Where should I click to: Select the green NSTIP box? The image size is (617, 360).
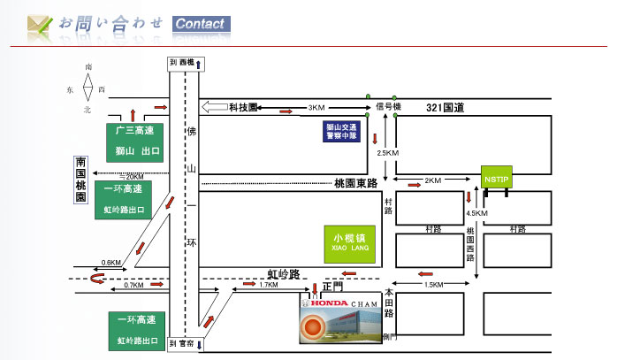[x=494, y=180]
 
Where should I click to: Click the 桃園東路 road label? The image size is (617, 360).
[x=355, y=183]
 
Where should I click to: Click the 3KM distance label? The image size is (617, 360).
[x=316, y=108]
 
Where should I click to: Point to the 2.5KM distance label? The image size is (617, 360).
[x=388, y=153]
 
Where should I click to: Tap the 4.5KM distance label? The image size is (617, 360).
[x=476, y=213]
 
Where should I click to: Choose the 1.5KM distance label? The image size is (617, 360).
[x=433, y=285]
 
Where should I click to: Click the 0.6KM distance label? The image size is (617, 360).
[x=110, y=262]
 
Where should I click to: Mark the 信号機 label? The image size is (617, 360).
[x=389, y=107]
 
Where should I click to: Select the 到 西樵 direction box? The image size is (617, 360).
[x=187, y=64]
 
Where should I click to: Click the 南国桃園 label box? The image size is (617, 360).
[x=80, y=180]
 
